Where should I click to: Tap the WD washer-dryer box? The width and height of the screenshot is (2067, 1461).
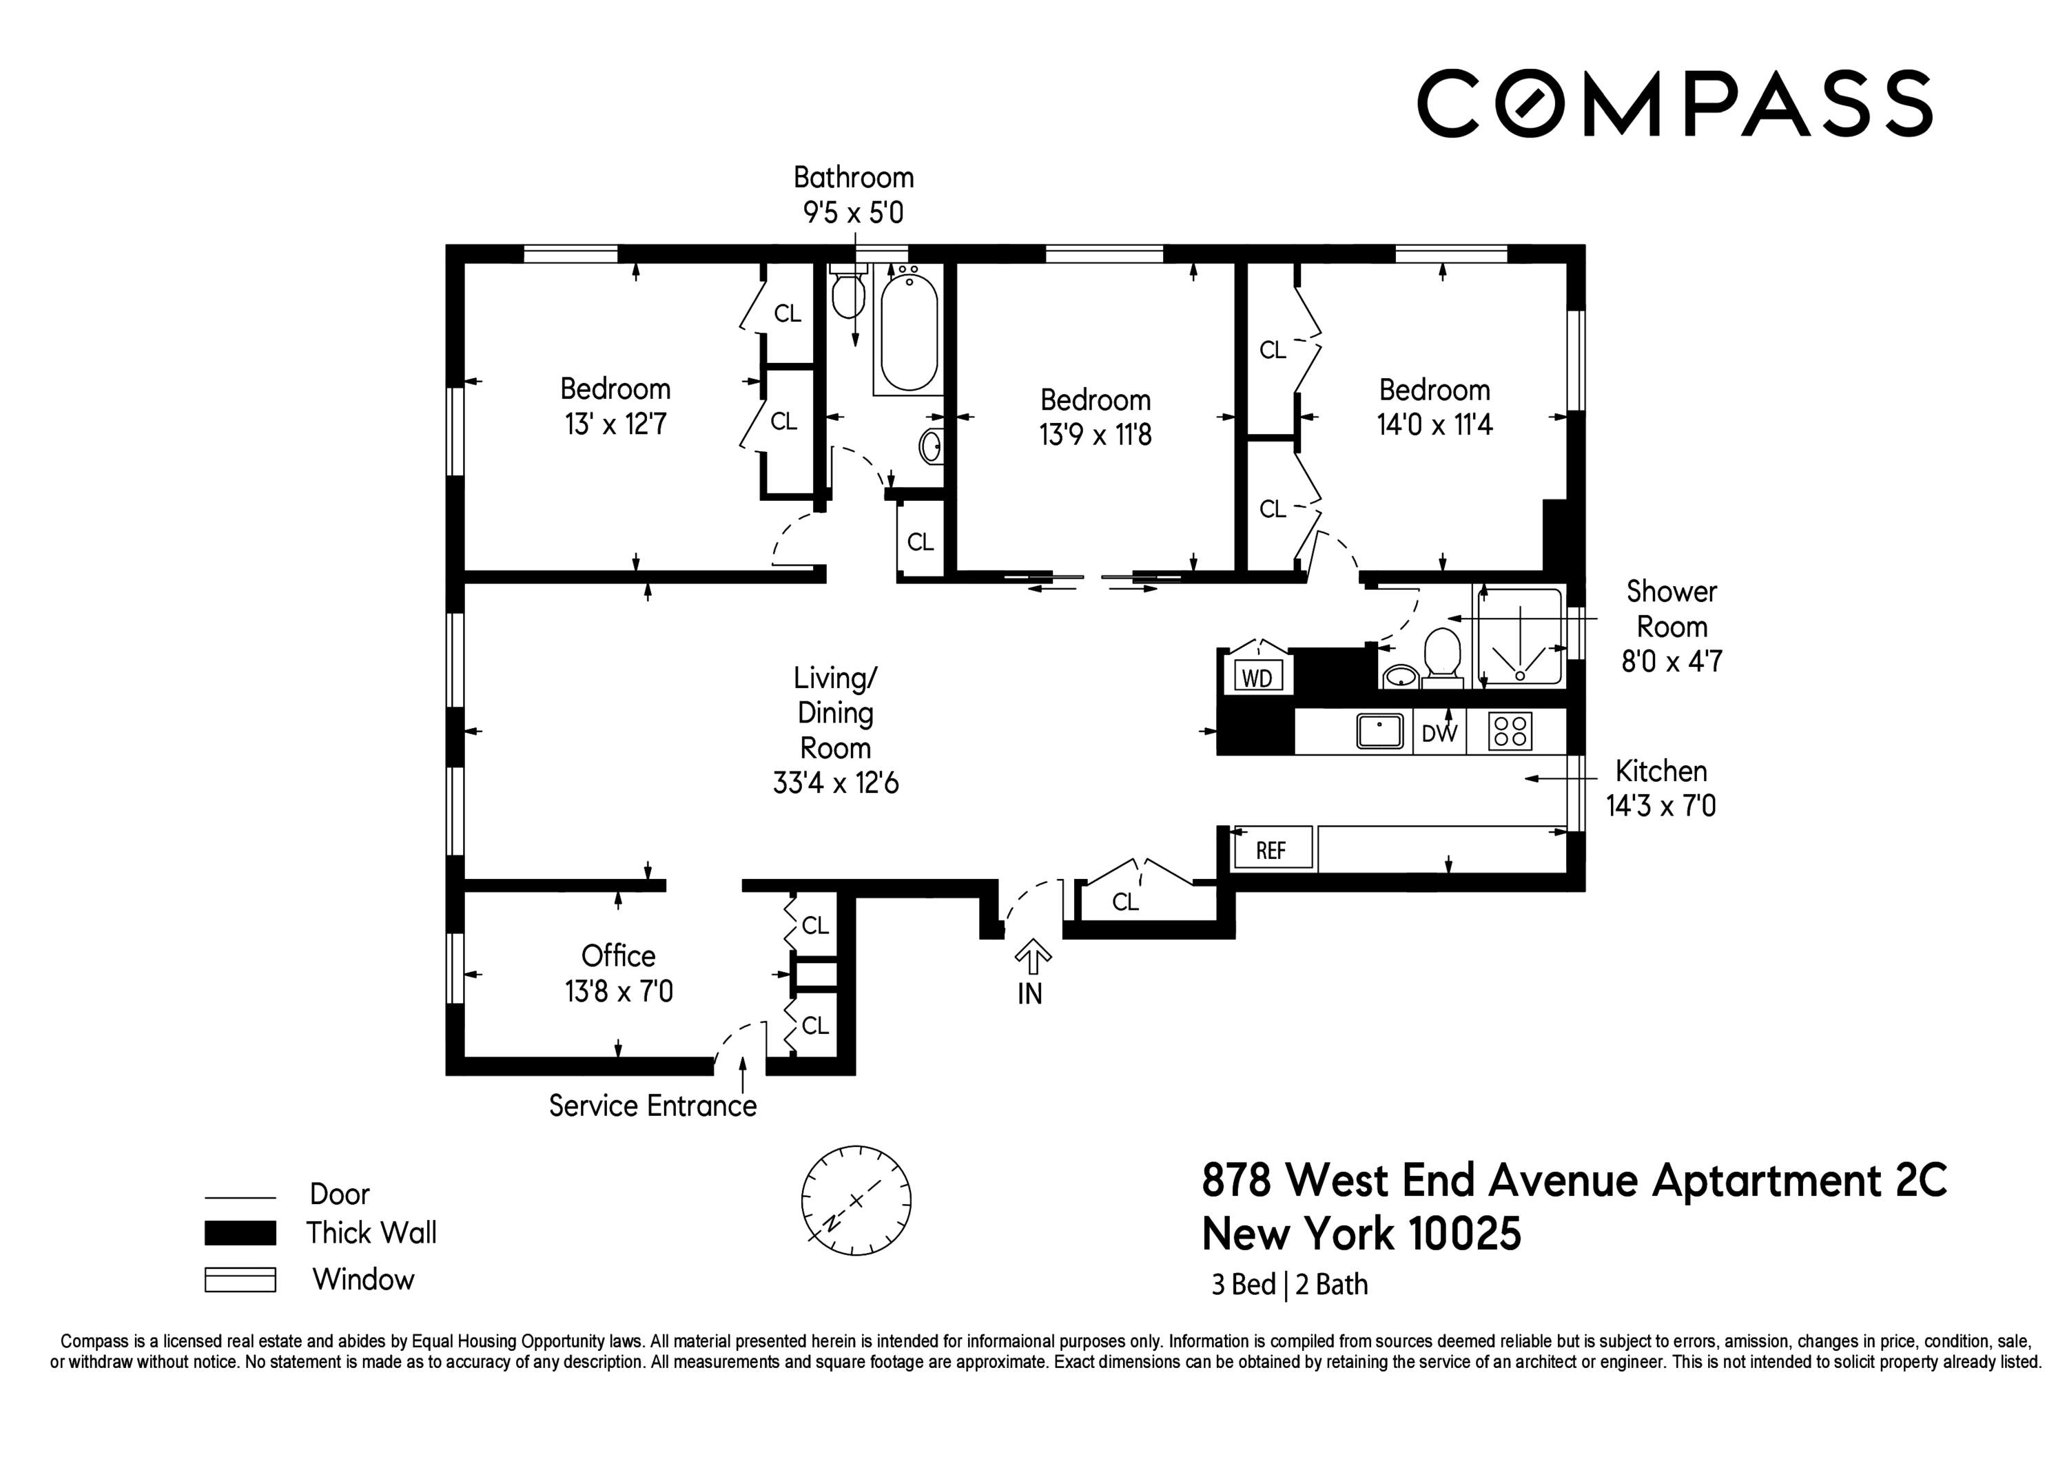click(1257, 677)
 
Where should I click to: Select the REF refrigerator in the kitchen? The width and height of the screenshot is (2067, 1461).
click(1271, 850)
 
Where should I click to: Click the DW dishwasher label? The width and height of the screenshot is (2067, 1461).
click(1439, 734)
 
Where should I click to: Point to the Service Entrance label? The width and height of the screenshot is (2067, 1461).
click(652, 1106)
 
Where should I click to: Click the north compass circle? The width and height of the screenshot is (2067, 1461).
click(856, 1200)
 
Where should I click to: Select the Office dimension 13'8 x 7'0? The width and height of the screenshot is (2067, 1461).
click(619, 991)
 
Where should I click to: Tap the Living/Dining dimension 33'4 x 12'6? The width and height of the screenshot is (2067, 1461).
click(836, 783)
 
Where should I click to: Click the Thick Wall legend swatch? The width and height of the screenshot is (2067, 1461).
click(240, 1232)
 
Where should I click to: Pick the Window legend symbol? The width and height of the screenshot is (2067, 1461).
click(240, 1279)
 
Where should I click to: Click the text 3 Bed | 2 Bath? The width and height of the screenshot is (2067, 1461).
click(1289, 1285)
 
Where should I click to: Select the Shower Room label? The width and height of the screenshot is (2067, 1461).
click(1671, 608)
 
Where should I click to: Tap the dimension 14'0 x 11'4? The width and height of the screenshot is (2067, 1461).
click(1434, 424)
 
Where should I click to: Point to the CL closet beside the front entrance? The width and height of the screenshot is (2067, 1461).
click(1125, 901)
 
